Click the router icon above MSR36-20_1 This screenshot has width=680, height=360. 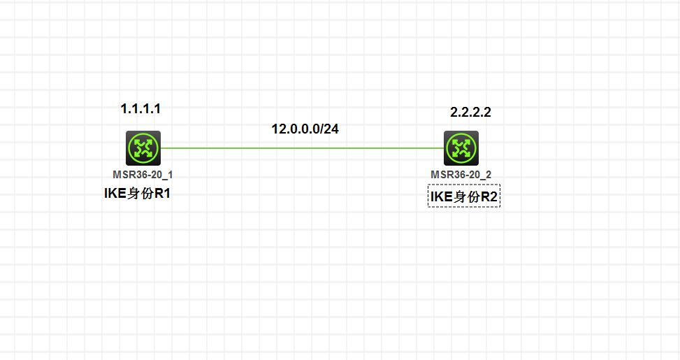coord(143,148)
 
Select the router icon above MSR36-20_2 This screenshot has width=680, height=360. coord(461,148)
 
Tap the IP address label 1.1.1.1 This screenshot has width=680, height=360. coord(140,109)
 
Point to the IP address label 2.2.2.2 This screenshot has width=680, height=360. coord(470,113)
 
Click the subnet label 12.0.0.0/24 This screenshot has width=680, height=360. coord(305,129)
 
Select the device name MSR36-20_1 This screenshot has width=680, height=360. coord(143,175)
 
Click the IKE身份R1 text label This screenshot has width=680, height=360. coord(138,194)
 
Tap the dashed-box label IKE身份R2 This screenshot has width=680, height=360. coord(464,198)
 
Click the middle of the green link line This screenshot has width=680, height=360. coord(302,148)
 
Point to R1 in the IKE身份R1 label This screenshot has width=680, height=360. coord(162,194)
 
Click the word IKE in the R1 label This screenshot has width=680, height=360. coord(114,194)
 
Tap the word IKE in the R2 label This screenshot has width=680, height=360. coord(441,198)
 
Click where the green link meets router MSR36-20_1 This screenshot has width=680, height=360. coord(161,148)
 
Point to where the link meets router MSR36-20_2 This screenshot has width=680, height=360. coord(444,148)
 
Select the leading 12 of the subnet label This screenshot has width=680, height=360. coord(277,129)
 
